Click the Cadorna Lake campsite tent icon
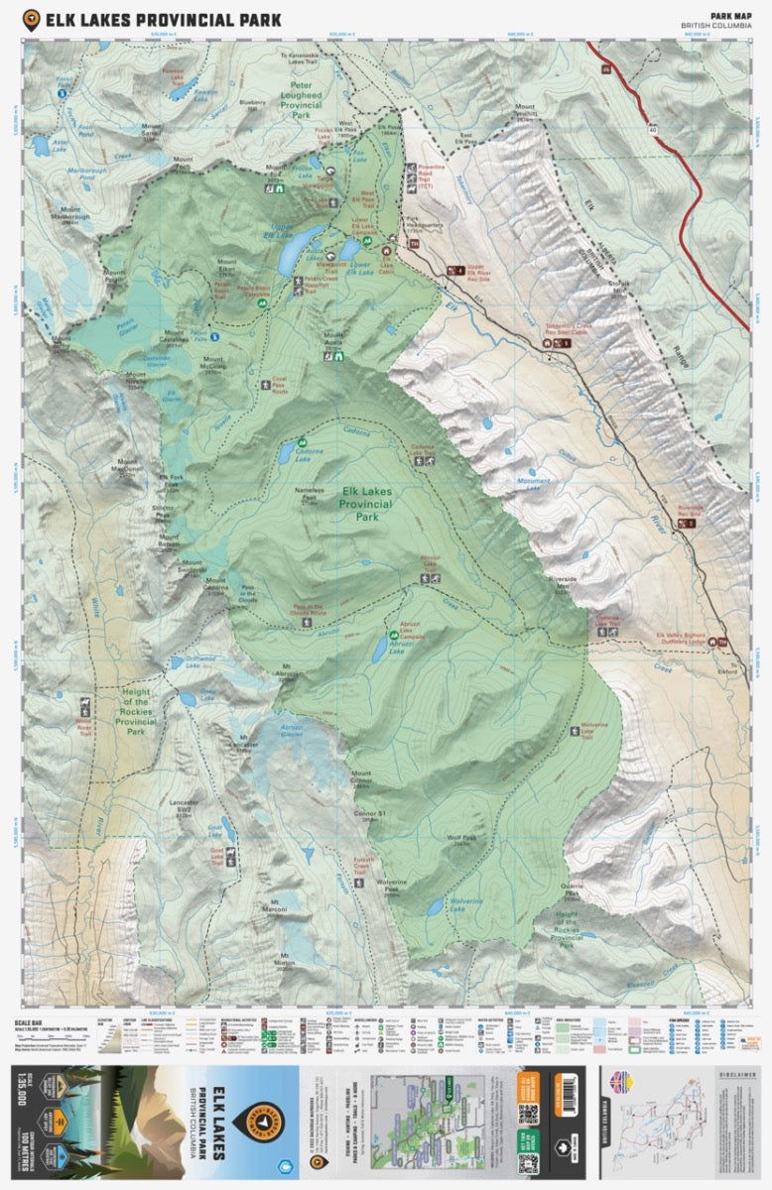click(298, 440)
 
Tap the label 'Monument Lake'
click(532, 483)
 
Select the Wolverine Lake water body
click(435, 905)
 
